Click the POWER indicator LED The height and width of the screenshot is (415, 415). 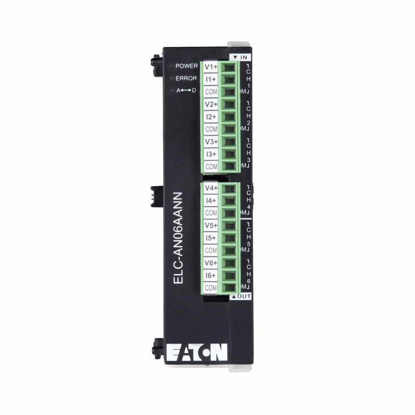pos(171,66)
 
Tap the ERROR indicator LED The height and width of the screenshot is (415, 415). pos(171,78)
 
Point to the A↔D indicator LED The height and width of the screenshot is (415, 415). pos(171,90)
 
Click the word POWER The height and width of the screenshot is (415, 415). pos(187,66)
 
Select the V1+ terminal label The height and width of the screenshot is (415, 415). pos(211,67)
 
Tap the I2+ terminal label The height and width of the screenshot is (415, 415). pos(211,117)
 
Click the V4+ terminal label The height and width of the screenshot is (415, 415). pos(211,188)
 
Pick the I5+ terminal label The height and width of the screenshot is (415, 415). pos(211,238)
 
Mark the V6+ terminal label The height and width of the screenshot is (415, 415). pos(211,263)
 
